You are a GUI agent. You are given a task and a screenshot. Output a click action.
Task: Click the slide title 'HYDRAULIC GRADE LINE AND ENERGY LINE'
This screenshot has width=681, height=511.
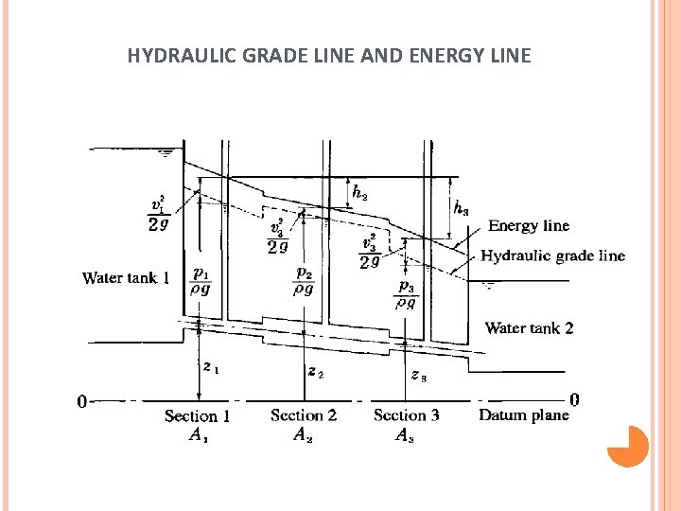click(329, 56)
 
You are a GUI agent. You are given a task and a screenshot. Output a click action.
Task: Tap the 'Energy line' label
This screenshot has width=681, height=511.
click(528, 226)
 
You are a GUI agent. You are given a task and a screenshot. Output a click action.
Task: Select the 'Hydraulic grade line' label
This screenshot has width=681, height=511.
click(552, 255)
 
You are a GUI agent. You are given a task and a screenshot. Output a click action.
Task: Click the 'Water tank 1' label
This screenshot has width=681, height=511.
click(126, 278)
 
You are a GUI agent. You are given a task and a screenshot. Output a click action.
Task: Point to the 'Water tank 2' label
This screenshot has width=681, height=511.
click(529, 328)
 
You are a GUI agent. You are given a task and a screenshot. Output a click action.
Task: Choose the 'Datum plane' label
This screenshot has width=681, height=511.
click(524, 414)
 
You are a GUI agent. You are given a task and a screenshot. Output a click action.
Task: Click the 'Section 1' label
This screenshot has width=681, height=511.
click(197, 415)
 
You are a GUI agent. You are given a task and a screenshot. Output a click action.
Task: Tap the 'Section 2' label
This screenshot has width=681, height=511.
click(303, 414)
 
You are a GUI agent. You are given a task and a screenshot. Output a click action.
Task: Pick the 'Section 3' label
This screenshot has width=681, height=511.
click(407, 414)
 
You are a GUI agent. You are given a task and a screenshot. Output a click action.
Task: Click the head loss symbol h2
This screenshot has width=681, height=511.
click(359, 192)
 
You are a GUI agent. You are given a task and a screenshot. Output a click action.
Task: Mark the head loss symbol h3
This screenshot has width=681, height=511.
click(461, 207)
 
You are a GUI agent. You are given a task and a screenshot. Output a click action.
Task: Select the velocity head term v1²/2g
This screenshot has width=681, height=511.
click(159, 213)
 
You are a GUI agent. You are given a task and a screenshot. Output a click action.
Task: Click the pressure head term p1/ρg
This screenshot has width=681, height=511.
click(201, 282)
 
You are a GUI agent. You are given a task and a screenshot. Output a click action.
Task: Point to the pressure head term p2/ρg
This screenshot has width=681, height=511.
click(304, 280)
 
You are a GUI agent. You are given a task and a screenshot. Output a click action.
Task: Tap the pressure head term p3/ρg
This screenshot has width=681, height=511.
click(406, 294)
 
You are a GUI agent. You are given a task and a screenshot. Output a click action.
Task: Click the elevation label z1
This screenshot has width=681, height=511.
click(211, 366)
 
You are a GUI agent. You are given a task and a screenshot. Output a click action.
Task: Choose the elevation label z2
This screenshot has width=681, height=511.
click(316, 372)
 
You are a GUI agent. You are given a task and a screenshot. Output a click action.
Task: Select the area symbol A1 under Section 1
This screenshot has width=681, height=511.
click(198, 435)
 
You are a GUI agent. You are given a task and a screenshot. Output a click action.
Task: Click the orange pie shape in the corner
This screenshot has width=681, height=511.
click(627, 447)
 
